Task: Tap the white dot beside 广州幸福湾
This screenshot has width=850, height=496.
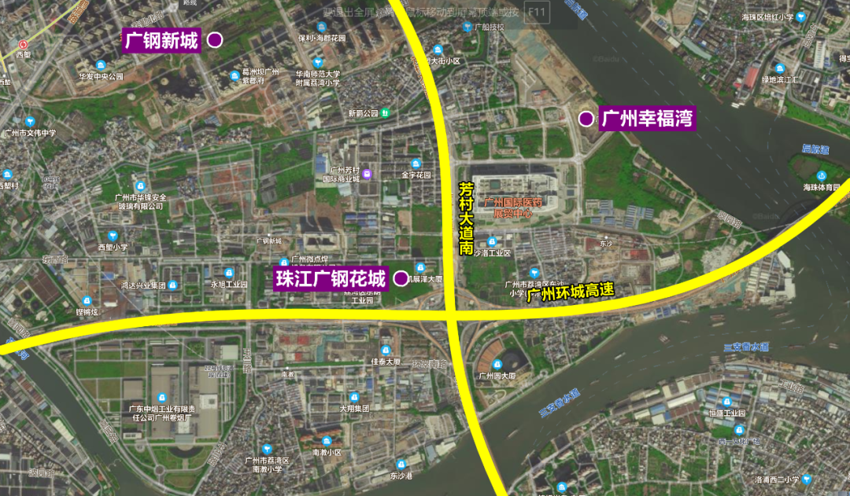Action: coord(586,119)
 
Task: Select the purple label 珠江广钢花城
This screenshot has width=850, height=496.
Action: coord(331,279)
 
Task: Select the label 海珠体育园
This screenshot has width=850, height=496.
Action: coord(822,187)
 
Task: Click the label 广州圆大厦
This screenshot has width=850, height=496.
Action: coord(497,376)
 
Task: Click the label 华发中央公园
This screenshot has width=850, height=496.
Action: coord(101,77)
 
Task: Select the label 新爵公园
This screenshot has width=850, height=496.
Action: coord(364,113)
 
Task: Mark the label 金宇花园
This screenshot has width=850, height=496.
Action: coord(416,175)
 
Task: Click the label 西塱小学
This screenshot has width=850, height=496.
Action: coord(113,247)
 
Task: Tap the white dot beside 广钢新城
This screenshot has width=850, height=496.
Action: coord(214,40)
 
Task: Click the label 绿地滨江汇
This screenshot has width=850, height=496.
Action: coord(781,79)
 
